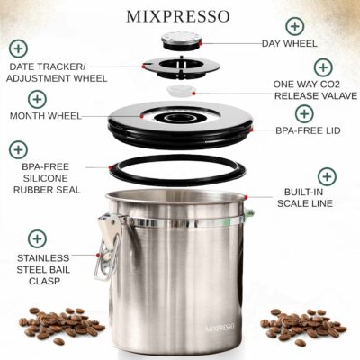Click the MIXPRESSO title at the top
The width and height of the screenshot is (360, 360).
click(x=180, y=16)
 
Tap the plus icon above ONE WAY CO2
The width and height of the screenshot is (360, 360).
click(x=323, y=68)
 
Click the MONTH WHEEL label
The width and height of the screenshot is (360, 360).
click(x=46, y=116)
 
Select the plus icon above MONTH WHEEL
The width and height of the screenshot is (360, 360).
click(x=37, y=98)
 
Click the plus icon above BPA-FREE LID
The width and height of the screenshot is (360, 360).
click(x=304, y=113)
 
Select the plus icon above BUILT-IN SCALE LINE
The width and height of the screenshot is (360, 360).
click(x=327, y=176)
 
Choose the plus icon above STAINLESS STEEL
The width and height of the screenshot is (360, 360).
click(x=37, y=238)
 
